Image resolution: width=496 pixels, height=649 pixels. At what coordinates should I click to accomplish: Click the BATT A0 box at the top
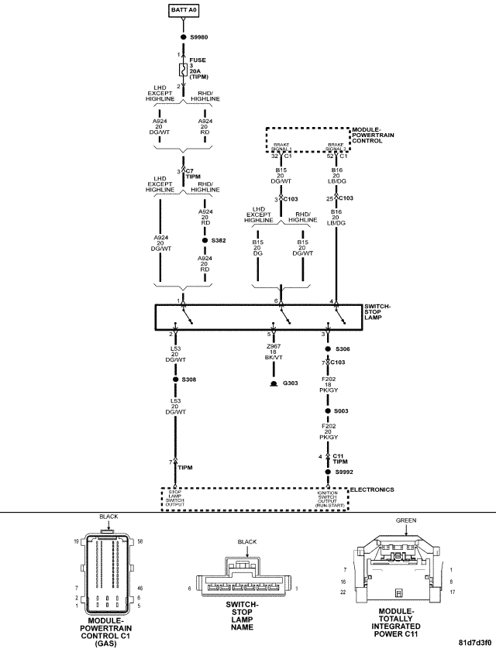coord(183,10)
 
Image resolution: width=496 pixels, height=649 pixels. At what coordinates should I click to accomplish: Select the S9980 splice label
coord(199,36)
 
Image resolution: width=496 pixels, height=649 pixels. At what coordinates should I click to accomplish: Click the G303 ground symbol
coord(273,383)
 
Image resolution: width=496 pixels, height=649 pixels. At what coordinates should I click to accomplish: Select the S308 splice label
coord(190,379)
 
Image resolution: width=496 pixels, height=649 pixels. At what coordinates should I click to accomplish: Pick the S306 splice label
coord(343,349)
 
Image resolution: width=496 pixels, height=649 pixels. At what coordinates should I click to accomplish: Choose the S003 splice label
coord(343,411)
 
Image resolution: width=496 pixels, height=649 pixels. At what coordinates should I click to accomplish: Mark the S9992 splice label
coord(345,472)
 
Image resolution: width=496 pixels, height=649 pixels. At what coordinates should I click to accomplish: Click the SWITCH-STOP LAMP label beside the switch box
coord(377,312)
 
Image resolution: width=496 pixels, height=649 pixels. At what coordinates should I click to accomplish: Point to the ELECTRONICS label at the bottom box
coord(373,489)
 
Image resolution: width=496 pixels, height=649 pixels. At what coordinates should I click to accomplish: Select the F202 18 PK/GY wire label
coord(328,385)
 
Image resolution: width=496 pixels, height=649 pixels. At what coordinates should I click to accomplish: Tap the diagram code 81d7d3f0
coord(474,642)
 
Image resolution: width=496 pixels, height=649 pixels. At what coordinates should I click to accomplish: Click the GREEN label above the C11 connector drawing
coord(406,521)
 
